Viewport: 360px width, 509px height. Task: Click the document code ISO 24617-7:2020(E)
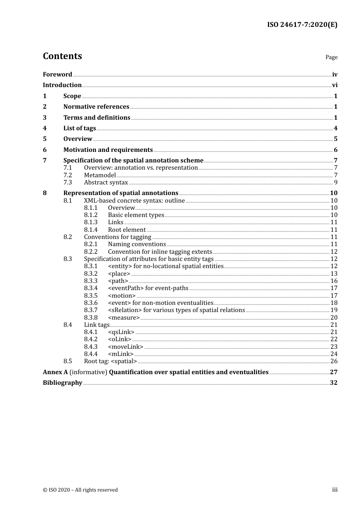click(x=302, y=25)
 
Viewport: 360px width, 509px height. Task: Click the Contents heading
click(x=62, y=56)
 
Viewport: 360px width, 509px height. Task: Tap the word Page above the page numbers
click(x=331, y=57)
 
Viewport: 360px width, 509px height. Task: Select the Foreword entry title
click(x=57, y=75)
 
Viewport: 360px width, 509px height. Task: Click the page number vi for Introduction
click(x=335, y=85)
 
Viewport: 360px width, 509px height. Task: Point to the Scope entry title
click(x=72, y=96)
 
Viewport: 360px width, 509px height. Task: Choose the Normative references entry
click(x=96, y=107)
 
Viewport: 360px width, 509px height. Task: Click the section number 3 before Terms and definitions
click(x=45, y=118)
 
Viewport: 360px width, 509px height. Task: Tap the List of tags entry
click(x=80, y=128)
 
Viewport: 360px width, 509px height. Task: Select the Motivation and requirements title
click(x=108, y=150)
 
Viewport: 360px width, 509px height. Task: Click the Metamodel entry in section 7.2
click(x=100, y=175)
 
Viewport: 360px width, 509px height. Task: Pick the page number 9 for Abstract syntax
click(x=335, y=183)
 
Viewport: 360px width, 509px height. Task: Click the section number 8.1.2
click(x=91, y=215)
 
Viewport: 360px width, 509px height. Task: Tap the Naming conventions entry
click(x=137, y=244)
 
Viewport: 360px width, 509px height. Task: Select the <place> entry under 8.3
click(x=119, y=274)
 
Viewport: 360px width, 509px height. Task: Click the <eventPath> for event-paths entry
click(x=148, y=288)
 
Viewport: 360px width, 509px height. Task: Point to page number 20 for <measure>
click(x=333, y=318)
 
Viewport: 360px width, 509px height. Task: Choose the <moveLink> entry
click(x=125, y=347)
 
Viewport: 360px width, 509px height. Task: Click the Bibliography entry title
click(x=63, y=383)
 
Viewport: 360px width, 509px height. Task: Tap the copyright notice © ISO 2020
click(x=80, y=490)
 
